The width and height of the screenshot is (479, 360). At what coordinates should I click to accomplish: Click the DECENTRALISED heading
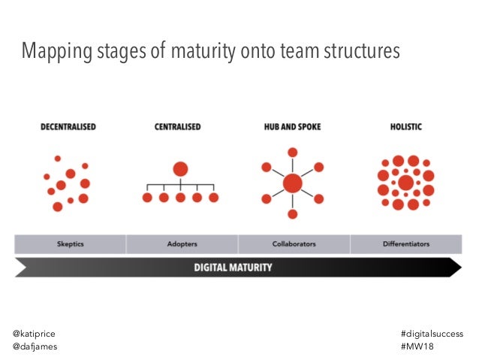tap(68, 127)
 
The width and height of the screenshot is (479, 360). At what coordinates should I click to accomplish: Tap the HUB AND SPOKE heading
tap(292, 127)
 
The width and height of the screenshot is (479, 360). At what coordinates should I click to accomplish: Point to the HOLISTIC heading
tap(405, 127)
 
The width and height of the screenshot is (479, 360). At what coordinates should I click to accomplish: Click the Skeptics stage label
tap(71, 244)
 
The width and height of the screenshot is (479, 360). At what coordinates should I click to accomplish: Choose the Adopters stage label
tap(181, 244)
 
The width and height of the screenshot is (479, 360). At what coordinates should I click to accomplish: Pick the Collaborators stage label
tap(293, 244)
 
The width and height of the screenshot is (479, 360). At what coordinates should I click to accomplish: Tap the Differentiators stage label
tap(405, 244)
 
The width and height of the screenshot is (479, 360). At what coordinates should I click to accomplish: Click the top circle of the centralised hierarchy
tap(180, 168)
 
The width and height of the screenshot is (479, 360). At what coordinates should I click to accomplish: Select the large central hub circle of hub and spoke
tap(292, 183)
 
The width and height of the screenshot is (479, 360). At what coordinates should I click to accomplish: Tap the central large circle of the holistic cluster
tap(405, 183)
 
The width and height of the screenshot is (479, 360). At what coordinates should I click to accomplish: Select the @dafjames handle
tap(35, 346)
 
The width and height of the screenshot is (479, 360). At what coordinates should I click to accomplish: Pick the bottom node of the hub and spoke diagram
tap(292, 214)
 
